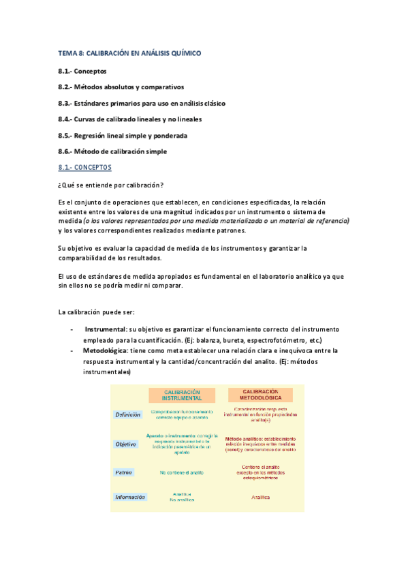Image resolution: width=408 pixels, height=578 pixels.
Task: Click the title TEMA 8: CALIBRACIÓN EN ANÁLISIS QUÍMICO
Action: click(129, 52)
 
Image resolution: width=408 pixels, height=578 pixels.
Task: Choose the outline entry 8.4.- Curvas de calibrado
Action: click(129, 119)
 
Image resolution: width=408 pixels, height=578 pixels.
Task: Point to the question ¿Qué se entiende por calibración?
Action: click(112, 186)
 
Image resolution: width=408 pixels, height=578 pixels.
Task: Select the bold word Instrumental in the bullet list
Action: click(110, 329)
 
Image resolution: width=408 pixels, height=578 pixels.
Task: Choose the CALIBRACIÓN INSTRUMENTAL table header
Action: click(182, 395)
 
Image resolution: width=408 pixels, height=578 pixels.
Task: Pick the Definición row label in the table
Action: click(128, 414)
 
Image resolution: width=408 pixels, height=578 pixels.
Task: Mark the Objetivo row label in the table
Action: click(125, 444)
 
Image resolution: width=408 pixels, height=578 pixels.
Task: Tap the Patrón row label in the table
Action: click(123, 472)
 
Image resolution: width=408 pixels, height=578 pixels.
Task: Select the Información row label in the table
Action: click(130, 497)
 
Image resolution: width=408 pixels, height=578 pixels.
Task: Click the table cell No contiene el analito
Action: click(182, 472)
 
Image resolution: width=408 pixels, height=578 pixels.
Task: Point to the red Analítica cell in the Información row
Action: click(260, 497)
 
